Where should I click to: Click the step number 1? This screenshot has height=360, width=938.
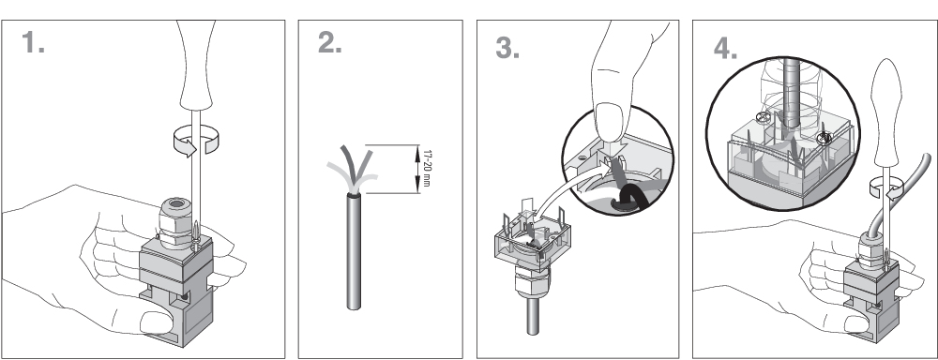[33, 43]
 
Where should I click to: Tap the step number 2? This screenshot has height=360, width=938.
[329, 43]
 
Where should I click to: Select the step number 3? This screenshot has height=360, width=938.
[507, 48]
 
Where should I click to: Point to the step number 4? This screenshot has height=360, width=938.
[725, 49]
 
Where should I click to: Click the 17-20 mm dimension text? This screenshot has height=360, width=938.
[427, 168]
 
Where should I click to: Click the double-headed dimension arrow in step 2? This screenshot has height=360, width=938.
[417, 169]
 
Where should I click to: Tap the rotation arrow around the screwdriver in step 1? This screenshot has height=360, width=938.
[196, 141]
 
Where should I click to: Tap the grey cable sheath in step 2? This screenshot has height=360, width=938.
[354, 251]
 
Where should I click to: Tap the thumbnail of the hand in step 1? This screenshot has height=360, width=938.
[155, 322]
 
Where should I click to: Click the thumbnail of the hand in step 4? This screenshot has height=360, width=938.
[856, 323]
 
